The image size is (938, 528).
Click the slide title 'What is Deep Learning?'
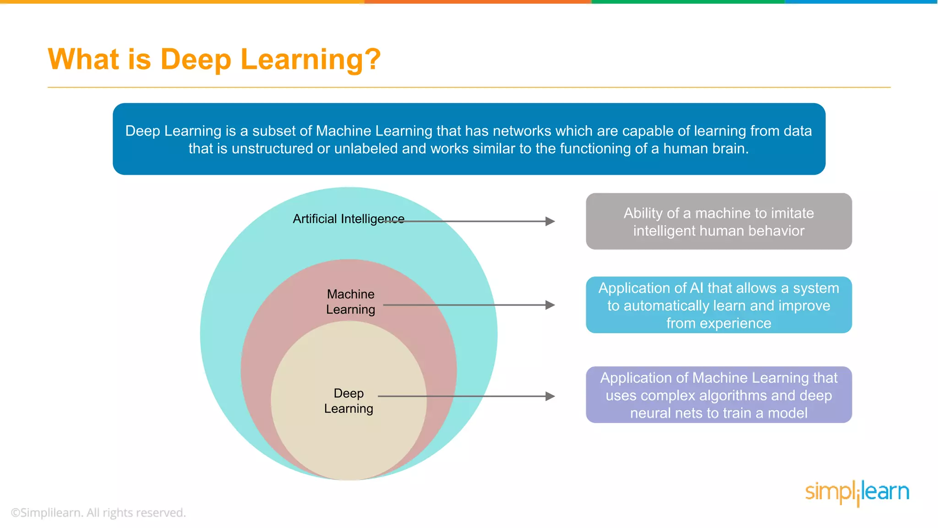click(x=214, y=60)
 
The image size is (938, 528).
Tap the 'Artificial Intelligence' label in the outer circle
click(x=348, y=219)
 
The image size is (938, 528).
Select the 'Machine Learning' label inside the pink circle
click(x=350, y=302)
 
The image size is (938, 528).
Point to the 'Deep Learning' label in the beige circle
click(x=349, y=401)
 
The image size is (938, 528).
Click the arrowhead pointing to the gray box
click(x=550, y=221)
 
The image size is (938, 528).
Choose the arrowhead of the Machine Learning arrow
click(x=550, y=305)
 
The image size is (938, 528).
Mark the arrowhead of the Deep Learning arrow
click(x=550, y=396)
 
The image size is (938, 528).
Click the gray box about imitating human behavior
click(x=719, y=221)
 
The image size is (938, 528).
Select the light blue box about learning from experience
click(x=719, y=305)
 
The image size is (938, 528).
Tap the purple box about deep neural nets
click(x=719, y=395)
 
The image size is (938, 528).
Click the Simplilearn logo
click(x=857, y=492)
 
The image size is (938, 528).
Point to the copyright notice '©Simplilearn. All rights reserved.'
click(x=98, y=512)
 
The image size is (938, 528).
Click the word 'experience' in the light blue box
click(x=742, y=324)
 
